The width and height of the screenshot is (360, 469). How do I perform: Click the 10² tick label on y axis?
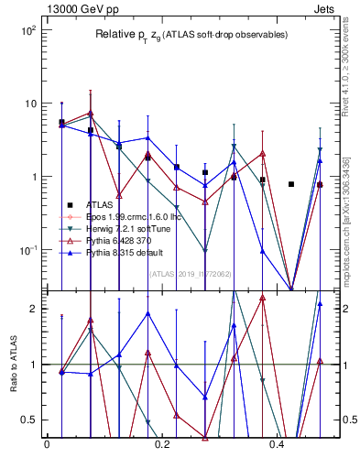pos(27,30)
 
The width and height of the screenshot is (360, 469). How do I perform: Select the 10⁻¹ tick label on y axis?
pos(27,250)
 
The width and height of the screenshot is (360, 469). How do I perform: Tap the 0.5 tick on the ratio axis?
pos(31,420)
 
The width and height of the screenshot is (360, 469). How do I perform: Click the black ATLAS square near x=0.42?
pos(291,184)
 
